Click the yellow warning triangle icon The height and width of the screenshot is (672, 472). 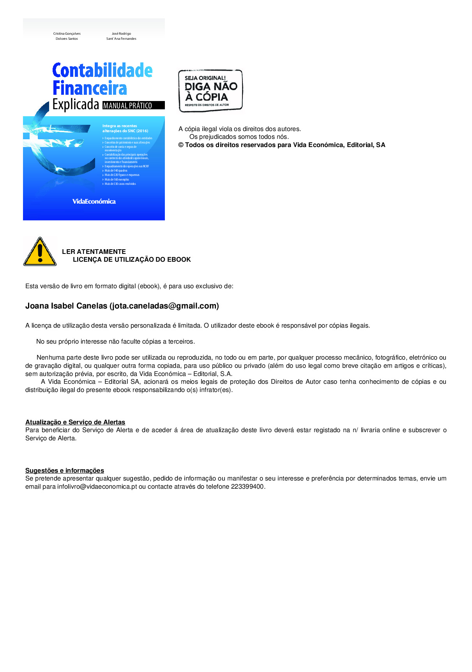(x=40, y=253)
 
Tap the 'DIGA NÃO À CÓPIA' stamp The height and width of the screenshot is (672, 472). (x=210, y=91)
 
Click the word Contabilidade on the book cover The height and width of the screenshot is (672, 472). (x=102, y=71)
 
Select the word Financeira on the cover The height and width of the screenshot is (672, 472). (x=90, y=88)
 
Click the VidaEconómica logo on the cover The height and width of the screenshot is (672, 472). (x=94, y=202)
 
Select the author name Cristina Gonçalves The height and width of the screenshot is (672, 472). (x=67, y=34)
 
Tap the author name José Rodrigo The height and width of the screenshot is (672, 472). (x=121, y=34)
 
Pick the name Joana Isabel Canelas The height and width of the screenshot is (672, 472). (x=66, y=306)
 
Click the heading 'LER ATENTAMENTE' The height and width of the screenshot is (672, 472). (x=94, y=252)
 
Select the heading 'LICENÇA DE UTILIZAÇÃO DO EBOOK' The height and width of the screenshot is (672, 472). (x=132, y=260)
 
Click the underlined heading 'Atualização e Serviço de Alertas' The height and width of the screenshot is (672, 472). (x=75, y=422)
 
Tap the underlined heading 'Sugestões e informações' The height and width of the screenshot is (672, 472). (x=65, y=470)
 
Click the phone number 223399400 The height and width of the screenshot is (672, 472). (x=247, y=487)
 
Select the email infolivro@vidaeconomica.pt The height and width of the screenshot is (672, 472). (x=97, y=487)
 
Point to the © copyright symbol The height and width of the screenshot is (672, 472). (x=181, y=145)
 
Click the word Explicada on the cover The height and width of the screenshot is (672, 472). (x=76, y=105)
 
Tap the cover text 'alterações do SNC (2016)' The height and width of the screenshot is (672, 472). (x=125, y=131)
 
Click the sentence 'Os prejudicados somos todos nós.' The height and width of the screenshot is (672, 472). (x=239, y=137)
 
